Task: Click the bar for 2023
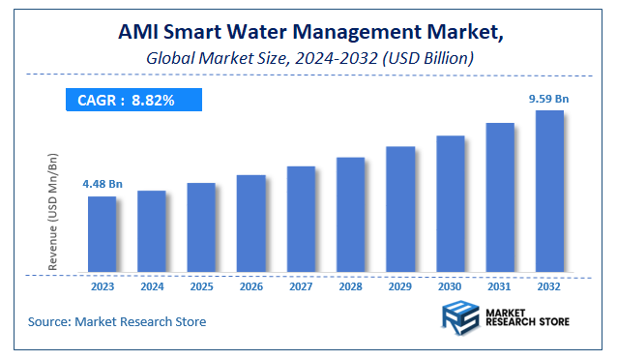pos(102,235)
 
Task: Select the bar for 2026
pos(250,225)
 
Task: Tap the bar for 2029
pos(399,210)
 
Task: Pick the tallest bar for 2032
pos(548,192)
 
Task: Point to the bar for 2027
pos(301,220)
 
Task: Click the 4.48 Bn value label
pos(102,183)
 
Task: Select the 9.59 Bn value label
pos(547,98)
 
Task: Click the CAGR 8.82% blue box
pos(132,100)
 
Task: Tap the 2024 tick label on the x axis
pos(151,286)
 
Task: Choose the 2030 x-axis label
pos(449,286)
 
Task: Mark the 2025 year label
pos(201,286)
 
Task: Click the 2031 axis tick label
pos(499,286)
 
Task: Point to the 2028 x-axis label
pos(350,286)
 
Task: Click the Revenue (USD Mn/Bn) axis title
pos(54,211)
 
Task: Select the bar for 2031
pos(499,198)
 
